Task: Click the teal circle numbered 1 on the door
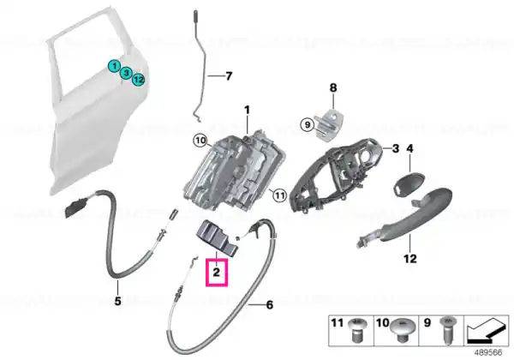tap(115, 66)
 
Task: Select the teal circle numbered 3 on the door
tap(126, 73)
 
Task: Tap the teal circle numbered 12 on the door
tap(139, 80)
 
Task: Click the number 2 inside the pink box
tap(217, 272)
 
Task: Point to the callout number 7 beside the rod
tap(229, 76)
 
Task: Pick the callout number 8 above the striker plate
tap(333, 87)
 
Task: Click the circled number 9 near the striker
tap(308, 124)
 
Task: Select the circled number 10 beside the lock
tap(200, 141)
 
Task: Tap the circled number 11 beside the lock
tap(279, 195)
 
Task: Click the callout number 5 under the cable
tap(117, 301)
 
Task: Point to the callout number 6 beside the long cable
tap(270, 305)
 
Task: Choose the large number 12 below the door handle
tap(410, 259)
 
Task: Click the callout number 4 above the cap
tap(409, 148)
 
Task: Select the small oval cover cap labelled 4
tap(409, 184)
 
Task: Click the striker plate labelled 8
tap(330, 125)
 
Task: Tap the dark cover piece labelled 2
tap(218, 237)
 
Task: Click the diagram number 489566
tap(489, 352)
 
